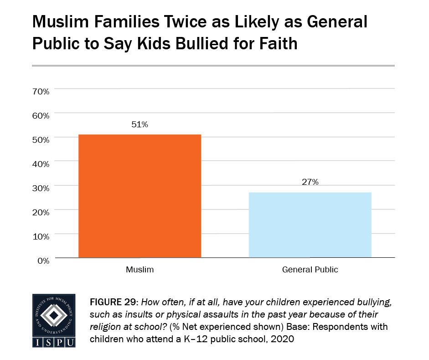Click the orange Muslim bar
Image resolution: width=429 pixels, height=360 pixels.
tap(140, 196)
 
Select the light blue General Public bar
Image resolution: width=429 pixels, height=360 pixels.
tap(310, 225)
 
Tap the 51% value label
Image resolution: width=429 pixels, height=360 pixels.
tap(140, 125)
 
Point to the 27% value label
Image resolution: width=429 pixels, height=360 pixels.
tap(310, 182)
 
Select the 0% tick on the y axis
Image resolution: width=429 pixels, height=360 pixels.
tap(42, 261)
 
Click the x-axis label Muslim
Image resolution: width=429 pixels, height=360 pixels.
tap(140, 270)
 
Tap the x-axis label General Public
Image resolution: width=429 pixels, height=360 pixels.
tap(310, 270)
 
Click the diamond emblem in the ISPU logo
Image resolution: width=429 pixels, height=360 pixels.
tap(54, 315)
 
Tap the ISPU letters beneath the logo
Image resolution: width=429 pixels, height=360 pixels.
tap(54, 342)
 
